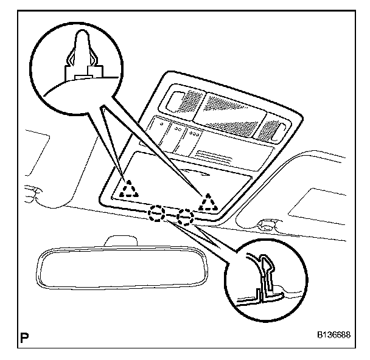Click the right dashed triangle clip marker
[x=209, y=201]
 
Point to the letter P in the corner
[x=25, y=335]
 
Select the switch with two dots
[x=178, y=133]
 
